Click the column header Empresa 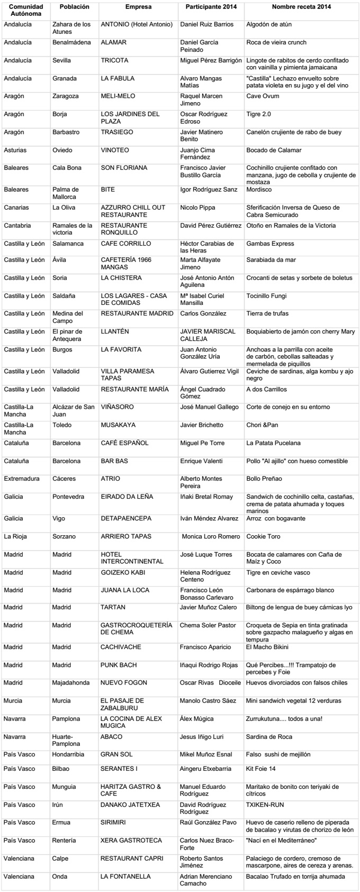[x=138, y=7]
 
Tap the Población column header [x=75, y=7]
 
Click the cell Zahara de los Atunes [x=71, y=28]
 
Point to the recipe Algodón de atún [x=269, y=25]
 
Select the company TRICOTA [x=114, y=61]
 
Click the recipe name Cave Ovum [x=263, y=96]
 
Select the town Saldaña [x=64, y=296]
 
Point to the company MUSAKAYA [x=118, y=425]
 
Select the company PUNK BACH [x=119, y=665]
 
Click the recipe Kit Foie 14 [x=261, y=769]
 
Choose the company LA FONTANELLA [x=125, y=877]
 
